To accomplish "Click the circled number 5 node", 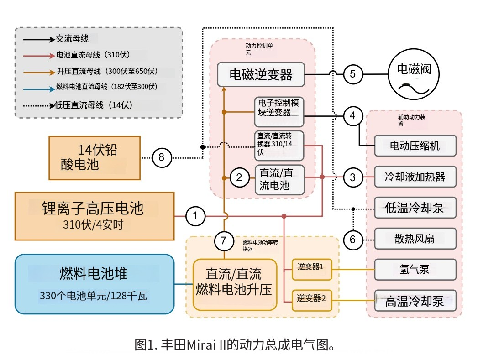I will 352,74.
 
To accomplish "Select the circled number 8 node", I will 161,158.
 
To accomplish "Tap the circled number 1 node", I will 196,216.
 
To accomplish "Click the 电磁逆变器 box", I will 261,74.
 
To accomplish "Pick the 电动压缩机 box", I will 415,146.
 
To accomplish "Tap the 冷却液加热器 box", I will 415,176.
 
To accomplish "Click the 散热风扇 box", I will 415,238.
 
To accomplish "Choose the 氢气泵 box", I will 415,269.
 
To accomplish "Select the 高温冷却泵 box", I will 415,301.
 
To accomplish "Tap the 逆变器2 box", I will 310,299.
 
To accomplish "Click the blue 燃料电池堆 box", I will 95,284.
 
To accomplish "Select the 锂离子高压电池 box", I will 95,216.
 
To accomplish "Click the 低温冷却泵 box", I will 415,208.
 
